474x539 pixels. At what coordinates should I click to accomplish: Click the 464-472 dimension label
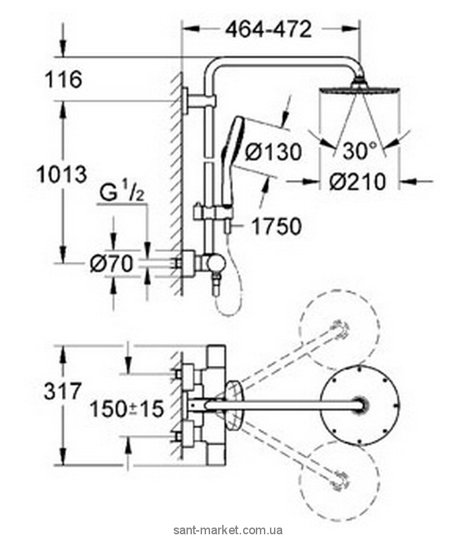click(x=269, y=29)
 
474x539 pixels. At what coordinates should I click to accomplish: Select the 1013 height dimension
click(x=61, y=175)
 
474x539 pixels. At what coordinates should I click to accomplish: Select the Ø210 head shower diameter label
click(x=358, y=181)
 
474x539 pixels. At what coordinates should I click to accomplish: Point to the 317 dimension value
click(x=62, y=390)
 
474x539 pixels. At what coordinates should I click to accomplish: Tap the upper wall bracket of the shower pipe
click(x=199, y=103)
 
